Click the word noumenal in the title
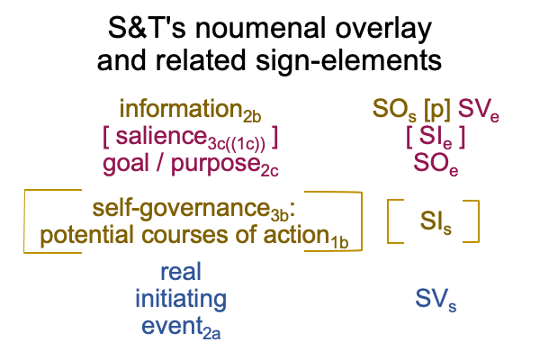coord(260,28)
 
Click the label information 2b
coord(191,110)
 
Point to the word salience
coord(161,136)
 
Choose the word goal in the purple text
coord(126,165)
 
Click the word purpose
coord(216,166)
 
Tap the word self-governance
coord(181,210)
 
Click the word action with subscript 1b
coord(306,236)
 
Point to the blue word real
coord(181,272)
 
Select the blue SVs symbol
coord(436,299)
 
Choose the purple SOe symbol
coord(436,164)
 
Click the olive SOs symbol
coord(394,110)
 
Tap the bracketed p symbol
coord(437,110)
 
